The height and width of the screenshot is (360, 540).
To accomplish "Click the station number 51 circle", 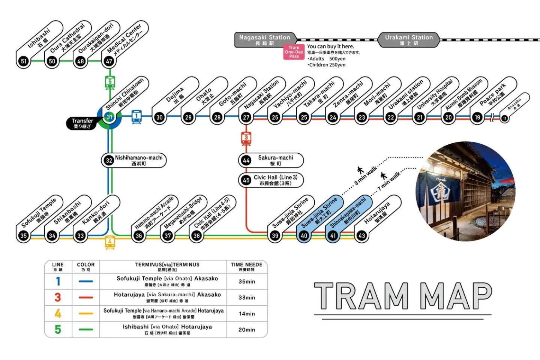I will pos(24,61).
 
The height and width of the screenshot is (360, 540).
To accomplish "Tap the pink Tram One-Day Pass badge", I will pos(294,52).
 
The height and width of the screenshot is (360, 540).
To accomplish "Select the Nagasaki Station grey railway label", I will pos(265,40).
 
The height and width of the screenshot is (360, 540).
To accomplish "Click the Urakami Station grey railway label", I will pos(409,40).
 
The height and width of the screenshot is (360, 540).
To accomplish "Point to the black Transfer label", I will pos(82,123).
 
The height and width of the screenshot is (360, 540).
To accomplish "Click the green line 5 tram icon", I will pos(110,82).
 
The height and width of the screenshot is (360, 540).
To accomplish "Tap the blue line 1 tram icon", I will pos(136,117).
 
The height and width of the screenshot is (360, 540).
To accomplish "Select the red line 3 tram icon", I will pos(246,138).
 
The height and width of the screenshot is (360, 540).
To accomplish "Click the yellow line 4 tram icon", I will pos(110,242).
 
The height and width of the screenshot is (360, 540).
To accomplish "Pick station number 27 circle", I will pos(246,117).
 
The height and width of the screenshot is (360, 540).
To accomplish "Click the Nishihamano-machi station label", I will pos(134,160).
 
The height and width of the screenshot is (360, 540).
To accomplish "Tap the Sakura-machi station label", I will pos(271,160).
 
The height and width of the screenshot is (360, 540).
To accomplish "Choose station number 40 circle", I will pos(304,235).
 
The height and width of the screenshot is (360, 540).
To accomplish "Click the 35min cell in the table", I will pos(247,281).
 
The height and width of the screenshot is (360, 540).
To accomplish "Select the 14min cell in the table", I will pos(247,313).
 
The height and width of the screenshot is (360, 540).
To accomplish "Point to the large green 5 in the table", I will pos(58,330).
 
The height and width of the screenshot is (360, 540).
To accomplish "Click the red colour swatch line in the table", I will pos(86,297).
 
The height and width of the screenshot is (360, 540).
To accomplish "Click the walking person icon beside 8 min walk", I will pos(360,170).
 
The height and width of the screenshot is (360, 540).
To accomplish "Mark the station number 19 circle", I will pos(477,117).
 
